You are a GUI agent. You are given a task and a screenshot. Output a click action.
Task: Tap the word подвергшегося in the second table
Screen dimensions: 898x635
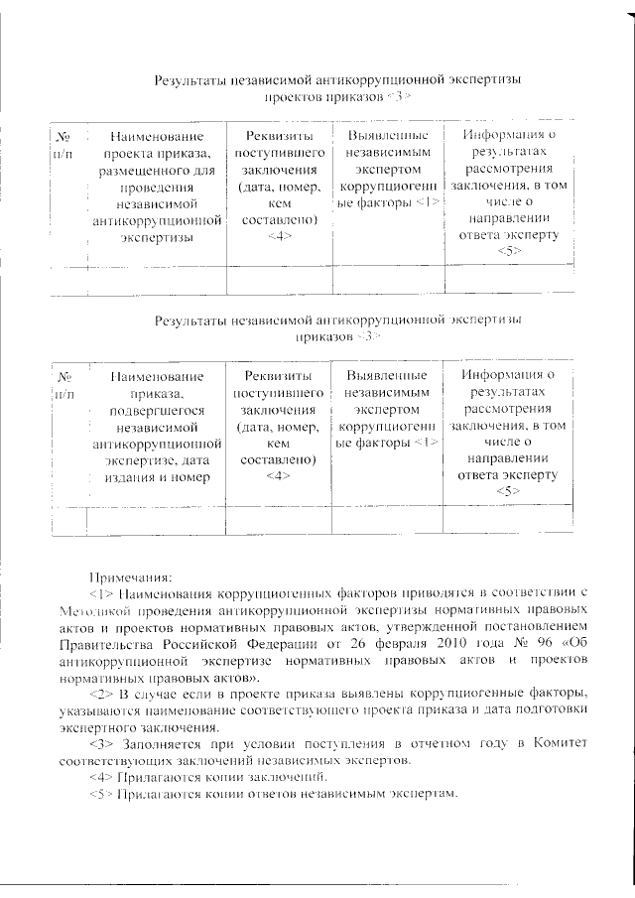pyautogui.click(x=144, y=411)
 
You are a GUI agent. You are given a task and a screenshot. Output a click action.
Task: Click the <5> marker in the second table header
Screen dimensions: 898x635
pyautogui.click(x=509, y=492)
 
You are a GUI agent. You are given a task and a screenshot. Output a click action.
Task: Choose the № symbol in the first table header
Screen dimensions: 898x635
pyautogui.click(x=62, y=135)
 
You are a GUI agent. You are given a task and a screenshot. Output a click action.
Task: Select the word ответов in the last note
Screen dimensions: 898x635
pyautogui.click(x=242, y=795)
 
